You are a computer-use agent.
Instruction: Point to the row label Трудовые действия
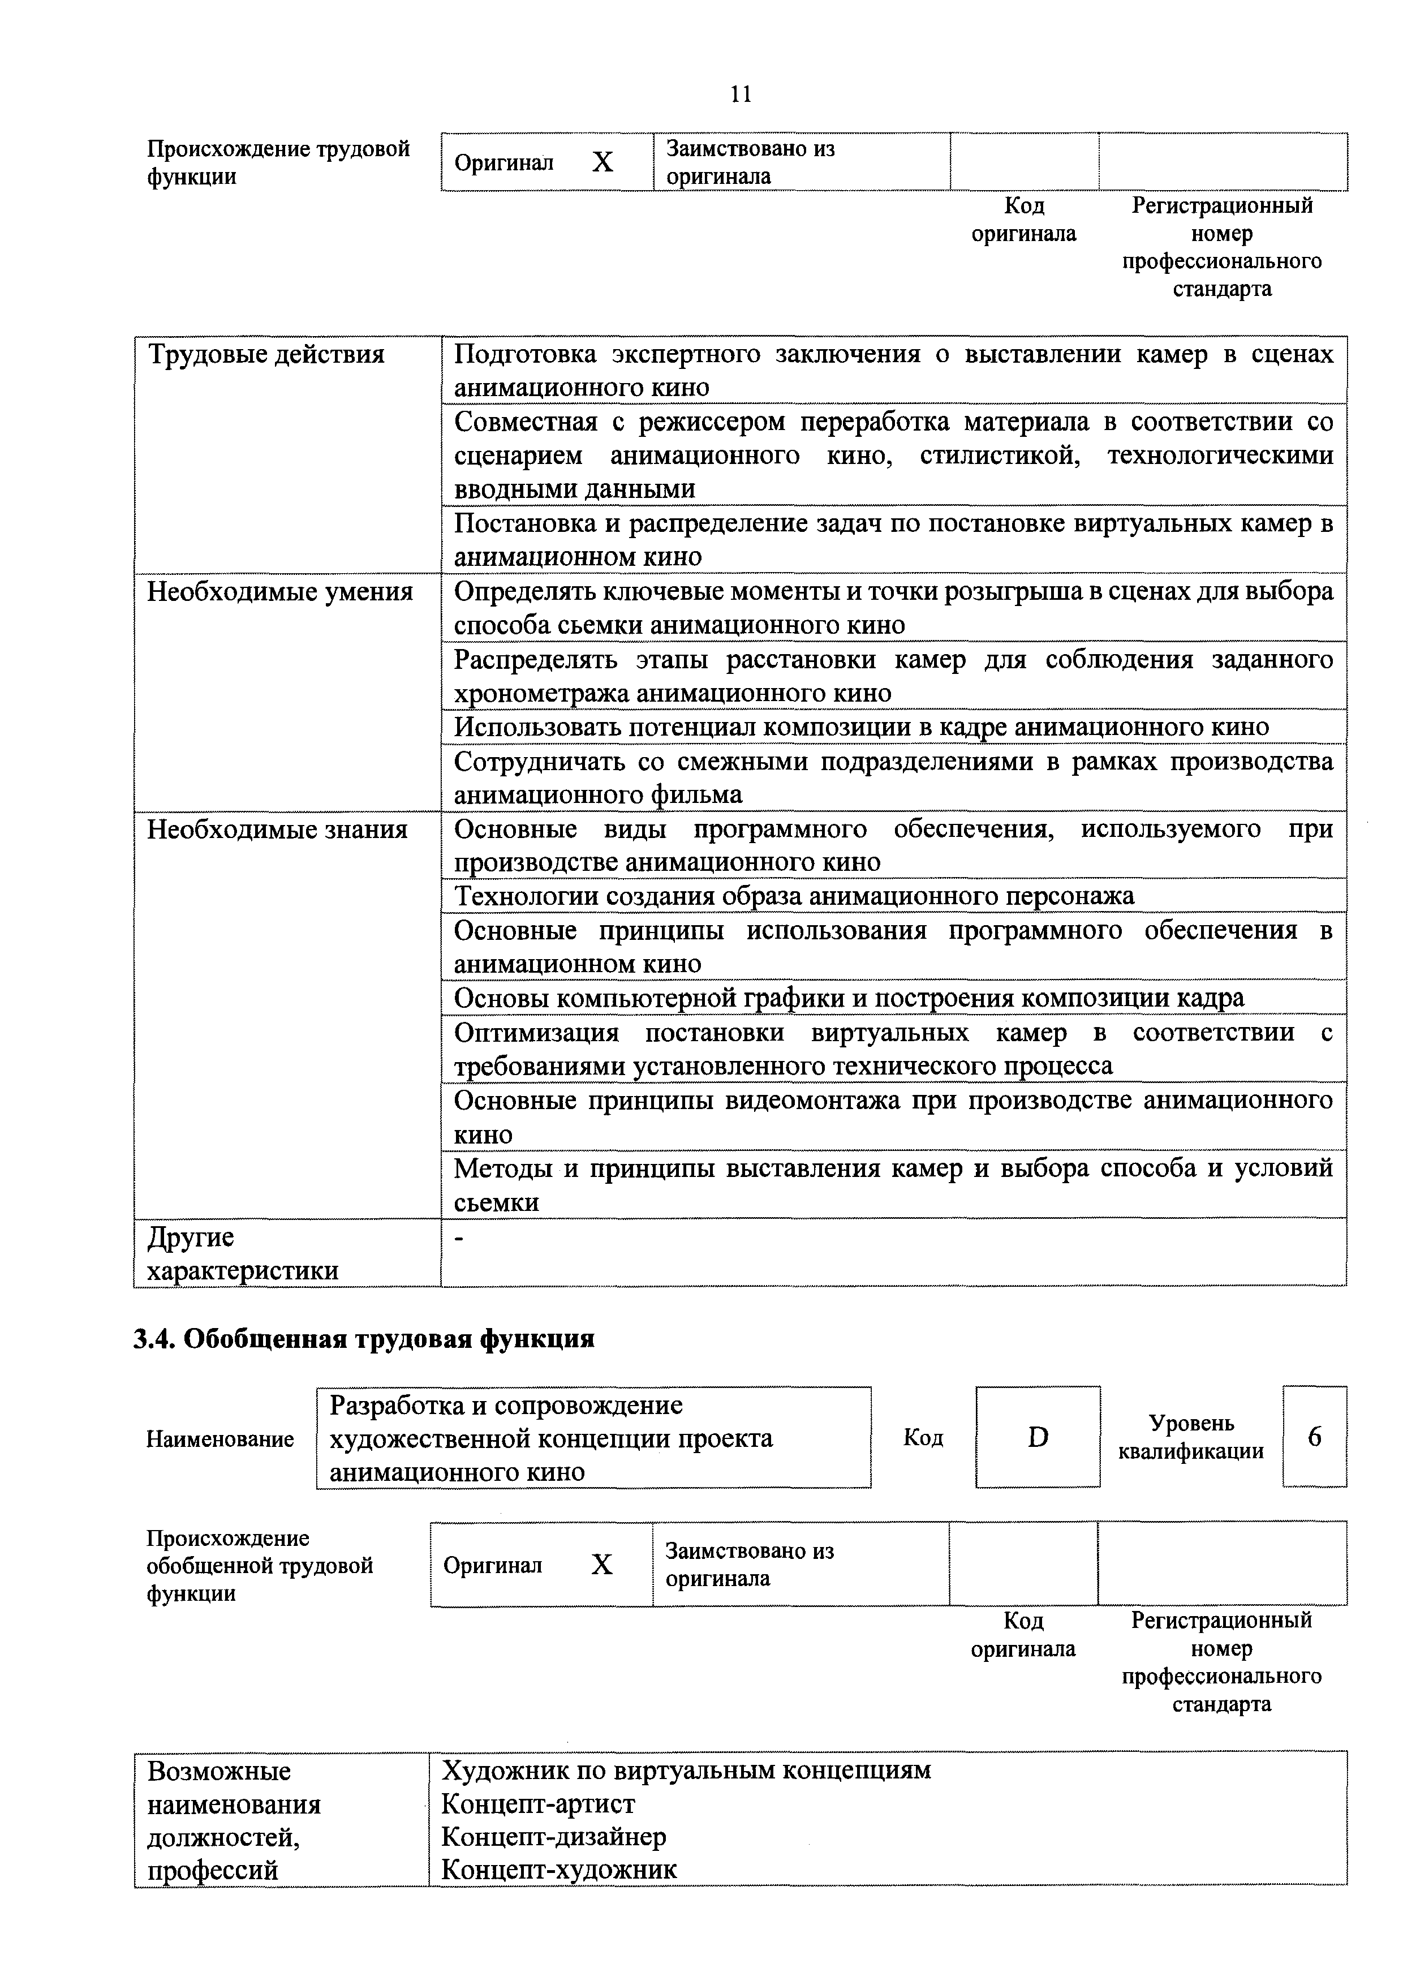tap(266, 354)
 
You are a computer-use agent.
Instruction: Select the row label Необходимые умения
tap(279, 592)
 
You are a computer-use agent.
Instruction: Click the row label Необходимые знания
tap(277, 830)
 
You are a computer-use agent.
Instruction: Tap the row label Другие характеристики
tap(242, 1253)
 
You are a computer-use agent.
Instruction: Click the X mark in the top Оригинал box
tap(602, 162)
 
